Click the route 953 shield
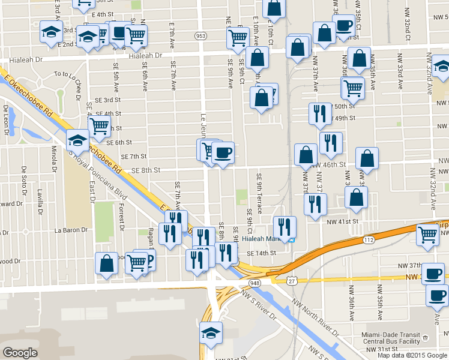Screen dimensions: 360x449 tap(200, 37)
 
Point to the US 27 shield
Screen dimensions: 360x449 tap(292, 280)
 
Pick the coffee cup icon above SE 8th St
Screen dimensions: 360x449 tap(223, 153)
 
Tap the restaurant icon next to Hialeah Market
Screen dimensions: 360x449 tap(285, 227)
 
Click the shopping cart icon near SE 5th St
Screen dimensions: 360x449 tap(99, 127)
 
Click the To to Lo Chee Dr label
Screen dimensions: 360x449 tap(70, 74)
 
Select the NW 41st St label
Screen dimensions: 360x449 tap(343, 221)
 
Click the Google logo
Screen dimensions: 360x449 tap(20, 353)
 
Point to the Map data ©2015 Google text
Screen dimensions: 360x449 tap(412, 355)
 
